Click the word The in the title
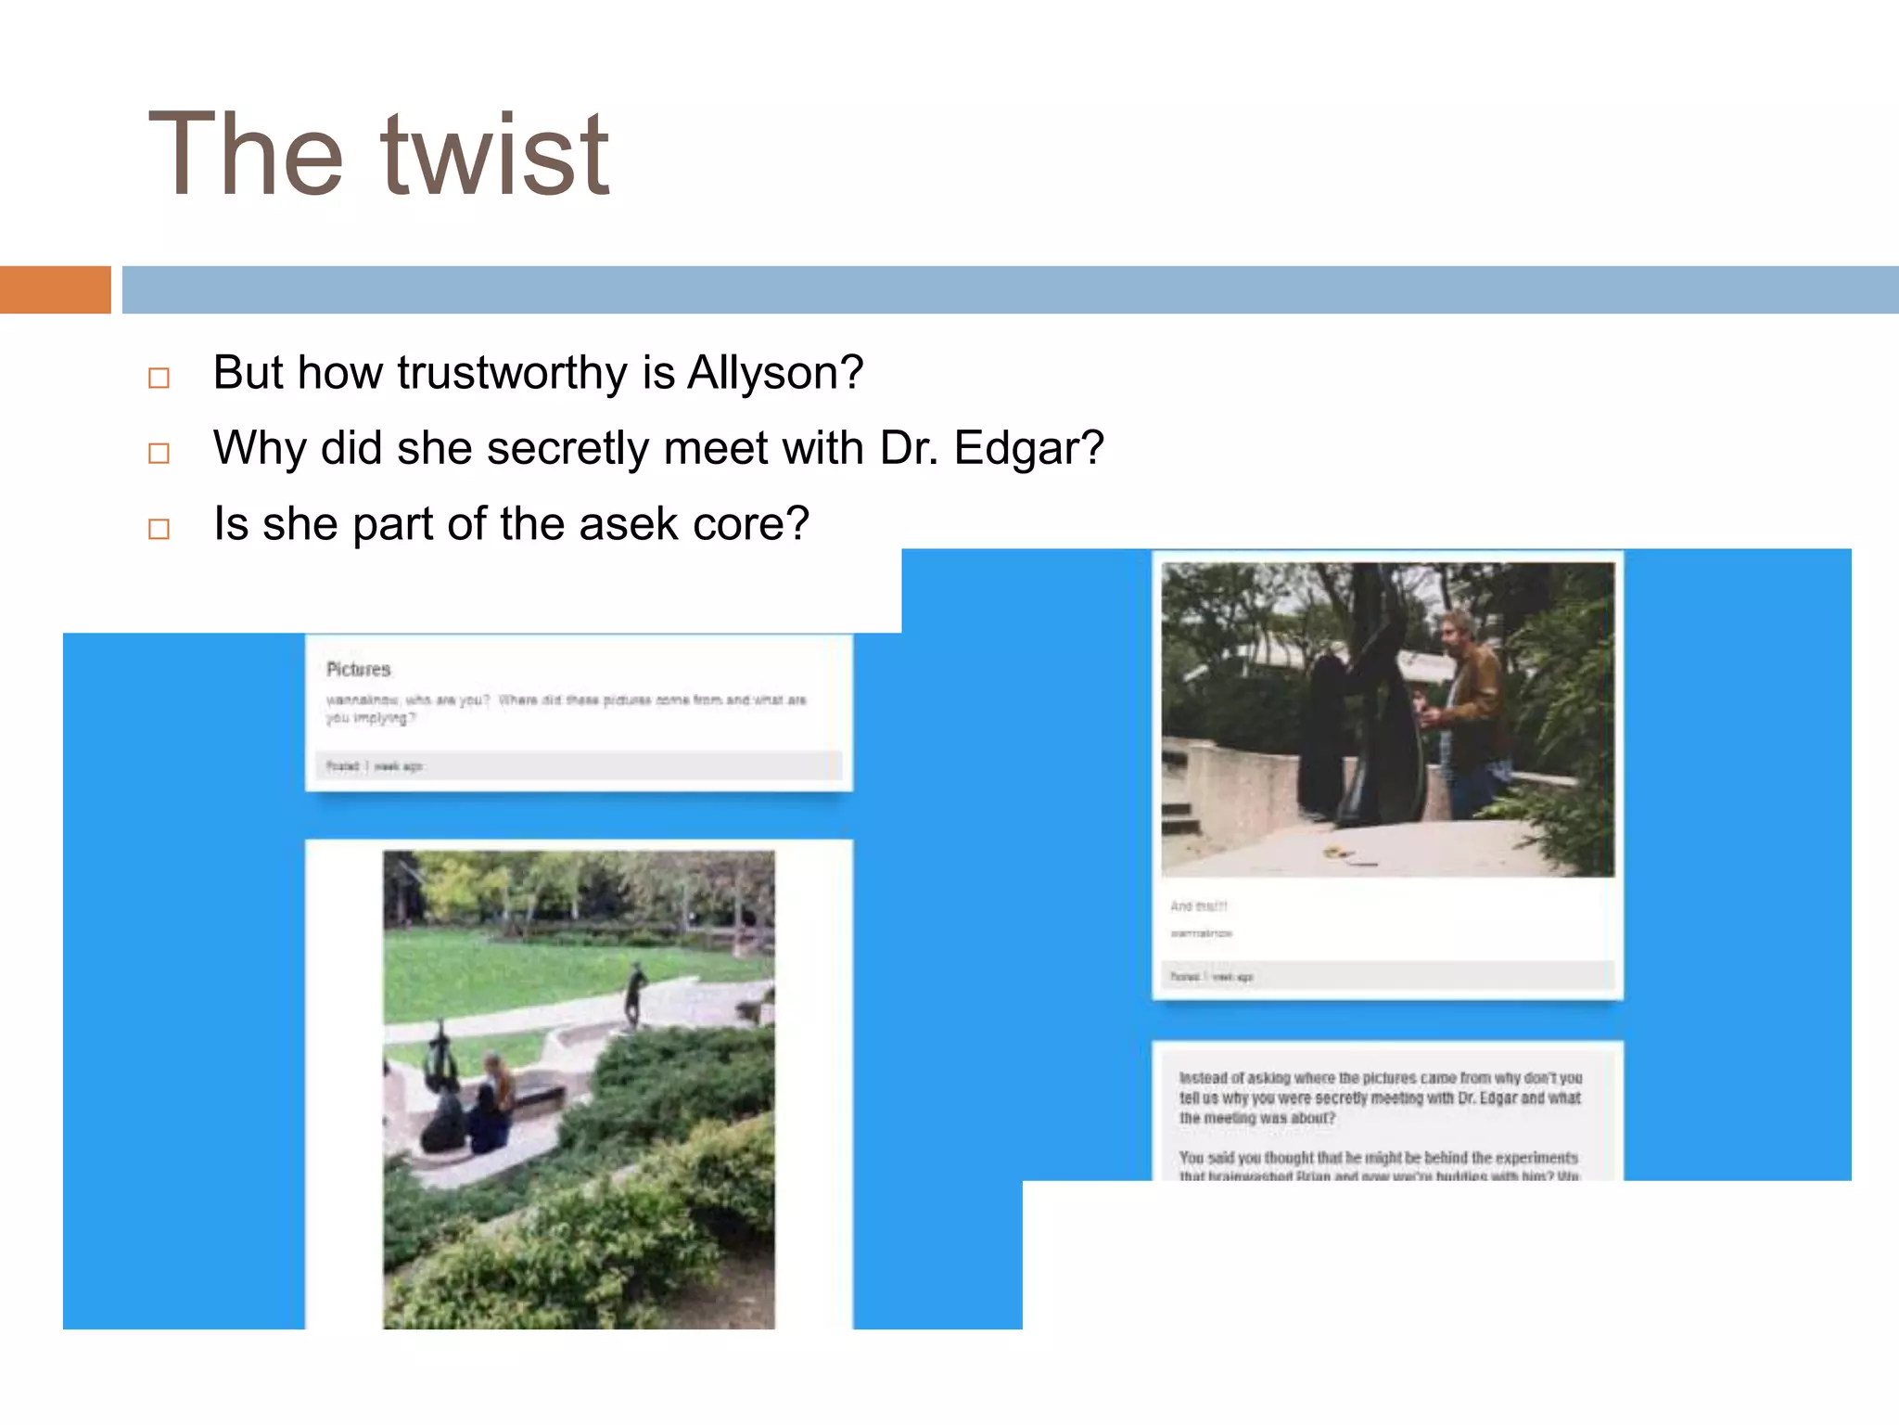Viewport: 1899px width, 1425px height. click(x=245, y=155)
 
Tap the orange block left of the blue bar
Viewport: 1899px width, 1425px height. click(x=55, y=289)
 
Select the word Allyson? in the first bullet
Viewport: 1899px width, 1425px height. click(x=775, y=373)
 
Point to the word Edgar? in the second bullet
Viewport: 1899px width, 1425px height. click(x=1029, y=448)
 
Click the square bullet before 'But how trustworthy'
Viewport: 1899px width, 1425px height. click(x=159, y=378)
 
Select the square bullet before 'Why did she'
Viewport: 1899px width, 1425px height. click(x=159, y=453)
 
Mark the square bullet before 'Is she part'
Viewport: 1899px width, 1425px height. click(x=159, y=529)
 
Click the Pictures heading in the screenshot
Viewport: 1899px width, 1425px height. click(x=358, y=669)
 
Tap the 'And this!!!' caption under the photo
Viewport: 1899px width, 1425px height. click(x=1198, y=906)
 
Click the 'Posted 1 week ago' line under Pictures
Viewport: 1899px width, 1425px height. click(x=374, y=766)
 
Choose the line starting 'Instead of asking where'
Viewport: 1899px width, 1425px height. click(x=1380, y=1078)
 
